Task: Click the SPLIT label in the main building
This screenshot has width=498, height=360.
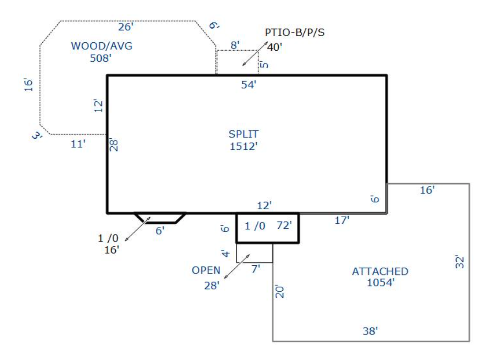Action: click(243, 134)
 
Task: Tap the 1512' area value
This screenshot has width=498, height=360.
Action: click(243, 146)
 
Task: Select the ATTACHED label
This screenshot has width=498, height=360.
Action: click(380, 271)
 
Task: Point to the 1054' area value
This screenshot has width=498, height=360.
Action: click(380, 283)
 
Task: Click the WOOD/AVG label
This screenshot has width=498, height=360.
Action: click(102, 46)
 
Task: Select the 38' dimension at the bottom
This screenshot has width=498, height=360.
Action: click(370, 331)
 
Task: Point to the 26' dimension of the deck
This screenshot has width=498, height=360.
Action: click(125, 27)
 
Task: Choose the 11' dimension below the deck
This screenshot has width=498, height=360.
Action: click(77, 144)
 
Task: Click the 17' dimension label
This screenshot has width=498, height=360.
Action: click(342, 220)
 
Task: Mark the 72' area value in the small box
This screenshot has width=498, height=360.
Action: click(284, 226)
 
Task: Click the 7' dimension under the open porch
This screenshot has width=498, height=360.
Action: click(256, 268)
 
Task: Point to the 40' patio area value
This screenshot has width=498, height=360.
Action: click(274, 47)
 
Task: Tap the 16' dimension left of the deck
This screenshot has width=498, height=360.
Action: click(29, 85)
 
